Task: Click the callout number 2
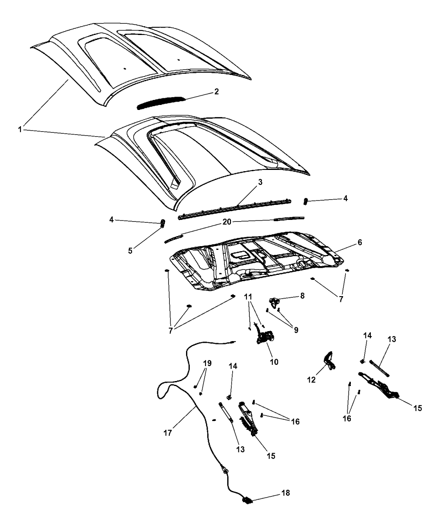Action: tap(216, 92)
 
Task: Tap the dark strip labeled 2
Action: tap(160, 102)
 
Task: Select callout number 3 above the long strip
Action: tap(260, 182)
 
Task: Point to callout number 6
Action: tap(360, 242)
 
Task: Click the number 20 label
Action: tap(227, 222)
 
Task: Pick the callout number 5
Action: tap(130, 251)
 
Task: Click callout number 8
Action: tap(302, 296)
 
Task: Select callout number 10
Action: tap(274, 362)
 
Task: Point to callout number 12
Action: tap(311, 380)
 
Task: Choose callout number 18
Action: tap(286, 493)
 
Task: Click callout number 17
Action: tap(168, 433)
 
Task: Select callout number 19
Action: tap(207, 363)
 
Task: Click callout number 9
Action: tap(296, 330)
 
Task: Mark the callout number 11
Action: tap(248, 297)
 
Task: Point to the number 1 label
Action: tap(20, 130)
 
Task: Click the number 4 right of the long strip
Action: tap(345, 198)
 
